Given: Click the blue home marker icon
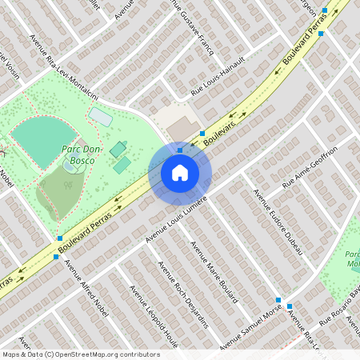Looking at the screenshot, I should point(180,172).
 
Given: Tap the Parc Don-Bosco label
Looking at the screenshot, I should point(78,154).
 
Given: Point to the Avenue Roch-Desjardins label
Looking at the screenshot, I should point(184,295).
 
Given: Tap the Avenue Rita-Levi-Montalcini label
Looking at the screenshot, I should point(63,68).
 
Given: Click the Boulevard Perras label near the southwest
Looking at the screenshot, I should point(88,233).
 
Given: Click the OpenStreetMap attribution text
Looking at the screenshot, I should point(80,354).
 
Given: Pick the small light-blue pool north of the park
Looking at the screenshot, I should point(101,117).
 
